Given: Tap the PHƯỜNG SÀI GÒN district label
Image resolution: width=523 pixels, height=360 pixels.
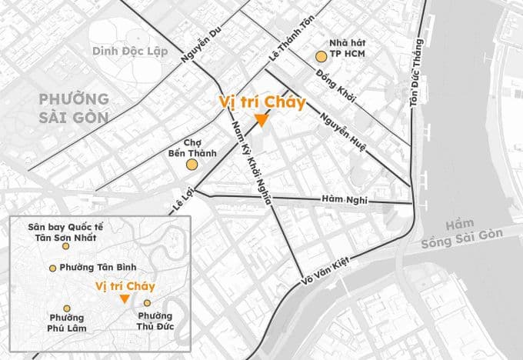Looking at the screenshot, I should point(74,108).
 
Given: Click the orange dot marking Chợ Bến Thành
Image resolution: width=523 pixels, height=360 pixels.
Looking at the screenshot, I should point(192,164).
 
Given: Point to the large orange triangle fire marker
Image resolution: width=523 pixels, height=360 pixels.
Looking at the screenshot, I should point(261,120).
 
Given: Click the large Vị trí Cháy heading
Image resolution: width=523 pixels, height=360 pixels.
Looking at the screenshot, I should point(261,102).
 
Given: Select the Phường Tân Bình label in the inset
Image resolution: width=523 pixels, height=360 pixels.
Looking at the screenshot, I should point(98,267).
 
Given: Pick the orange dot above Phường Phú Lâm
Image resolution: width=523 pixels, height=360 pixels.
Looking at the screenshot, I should point(67,308).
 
